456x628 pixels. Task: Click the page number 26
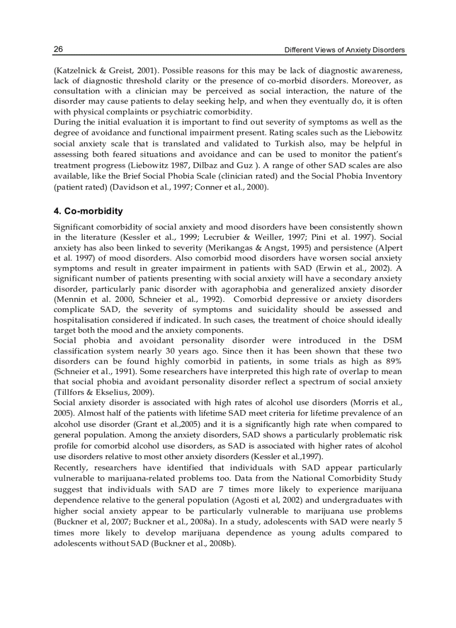click(58, 49)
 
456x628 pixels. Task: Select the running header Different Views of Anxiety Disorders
click(345, 50)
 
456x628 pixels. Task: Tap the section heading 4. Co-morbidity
click(88, 211)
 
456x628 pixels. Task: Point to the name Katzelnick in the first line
click(75, 71)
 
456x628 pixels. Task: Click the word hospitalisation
click(81, 320)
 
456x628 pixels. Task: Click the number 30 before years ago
click(171, 351)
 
